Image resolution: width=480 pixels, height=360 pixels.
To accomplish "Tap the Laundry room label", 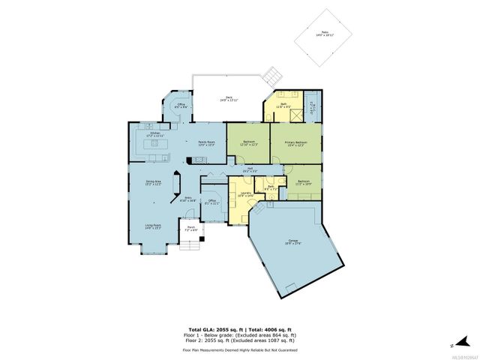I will point(247,195).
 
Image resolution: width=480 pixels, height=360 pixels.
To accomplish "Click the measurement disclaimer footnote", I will point(240,349).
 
